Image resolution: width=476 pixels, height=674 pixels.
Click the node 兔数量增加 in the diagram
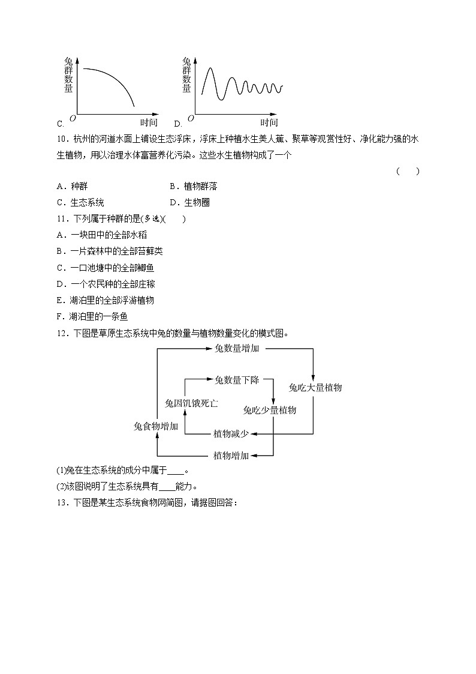237,348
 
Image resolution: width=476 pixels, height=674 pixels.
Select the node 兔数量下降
237,379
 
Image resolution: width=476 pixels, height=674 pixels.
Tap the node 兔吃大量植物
315,388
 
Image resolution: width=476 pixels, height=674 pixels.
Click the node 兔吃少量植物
269,411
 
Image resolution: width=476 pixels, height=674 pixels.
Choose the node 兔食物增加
156,426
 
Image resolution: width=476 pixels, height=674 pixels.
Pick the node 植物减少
231,433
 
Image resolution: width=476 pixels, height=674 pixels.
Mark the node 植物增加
231,456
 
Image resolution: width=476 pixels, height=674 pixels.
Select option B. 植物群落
192,187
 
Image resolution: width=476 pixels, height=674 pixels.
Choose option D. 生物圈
189,203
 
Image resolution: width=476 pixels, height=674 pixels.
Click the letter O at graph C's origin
73,118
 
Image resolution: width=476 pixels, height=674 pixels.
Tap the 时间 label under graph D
269,123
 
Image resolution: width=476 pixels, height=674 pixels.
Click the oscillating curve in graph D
240,87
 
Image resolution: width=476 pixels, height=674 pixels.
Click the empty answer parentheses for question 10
408,171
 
